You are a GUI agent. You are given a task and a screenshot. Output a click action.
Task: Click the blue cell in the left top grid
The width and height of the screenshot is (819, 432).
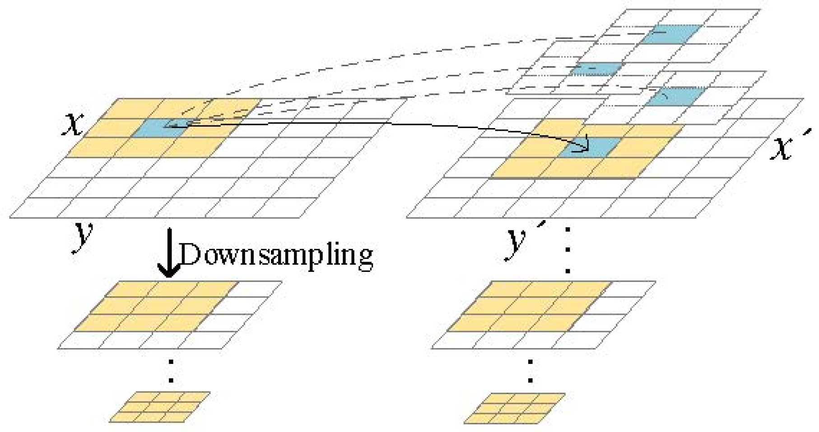click(158, 129)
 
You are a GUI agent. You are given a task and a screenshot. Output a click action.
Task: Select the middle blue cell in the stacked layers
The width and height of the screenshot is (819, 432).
click(595, 69)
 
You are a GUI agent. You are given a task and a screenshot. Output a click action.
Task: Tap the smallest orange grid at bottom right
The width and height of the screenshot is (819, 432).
click(515, 408)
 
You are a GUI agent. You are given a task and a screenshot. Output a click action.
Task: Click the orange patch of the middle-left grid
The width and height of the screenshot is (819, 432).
click(156, 306)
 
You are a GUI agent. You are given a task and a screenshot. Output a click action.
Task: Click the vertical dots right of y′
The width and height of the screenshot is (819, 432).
click(568, 251)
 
